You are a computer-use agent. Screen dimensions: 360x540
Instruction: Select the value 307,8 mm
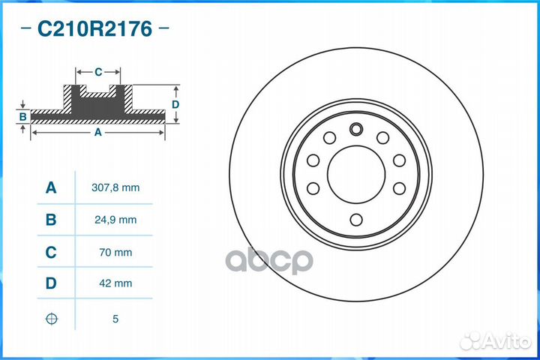click(x=115, y=187)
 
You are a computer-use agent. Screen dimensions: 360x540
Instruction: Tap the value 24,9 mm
click(x=115, y=220)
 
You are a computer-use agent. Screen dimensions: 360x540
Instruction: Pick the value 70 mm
click(x=115, y=253)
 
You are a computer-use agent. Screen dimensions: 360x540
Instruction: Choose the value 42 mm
click(x=115, y=285)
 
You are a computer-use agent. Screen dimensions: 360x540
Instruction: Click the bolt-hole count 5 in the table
click(x=115, y=319)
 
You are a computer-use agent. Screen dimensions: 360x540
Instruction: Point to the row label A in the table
click(x=51, y=187)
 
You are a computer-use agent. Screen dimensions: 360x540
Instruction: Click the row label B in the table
click(x=51, y=220)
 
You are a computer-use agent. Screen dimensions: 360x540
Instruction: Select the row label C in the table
click(x=51, y=253)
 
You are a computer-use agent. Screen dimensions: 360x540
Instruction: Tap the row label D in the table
click(x=51, y=285)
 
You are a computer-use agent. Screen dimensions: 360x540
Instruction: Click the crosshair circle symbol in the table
click(x=51, y=319)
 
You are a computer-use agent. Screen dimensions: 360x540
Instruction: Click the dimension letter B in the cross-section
click(x=23, y=116)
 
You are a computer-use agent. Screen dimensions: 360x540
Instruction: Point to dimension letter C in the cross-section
click(x=98, y=72)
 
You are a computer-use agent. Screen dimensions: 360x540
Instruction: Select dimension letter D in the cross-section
click(x=175, y=105)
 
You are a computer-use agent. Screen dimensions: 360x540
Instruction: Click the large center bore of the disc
click(x=356, y=175)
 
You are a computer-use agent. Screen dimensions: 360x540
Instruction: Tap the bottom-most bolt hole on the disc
click(x=356, y=219)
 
